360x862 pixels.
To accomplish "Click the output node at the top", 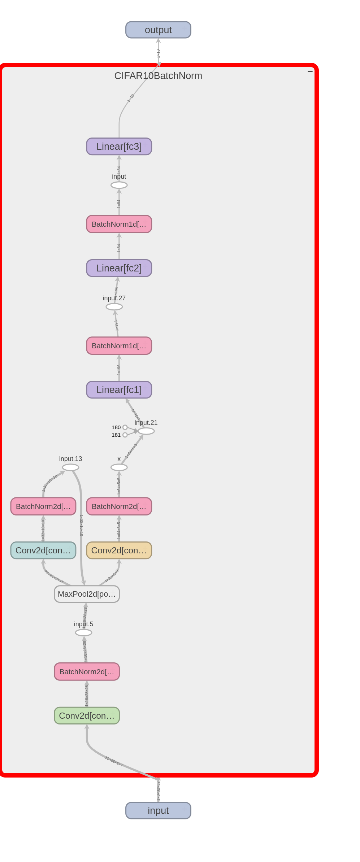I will click(158, 30).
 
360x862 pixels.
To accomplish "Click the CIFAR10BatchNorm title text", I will click(158, 76).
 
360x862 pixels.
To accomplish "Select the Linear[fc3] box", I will click(119, 147).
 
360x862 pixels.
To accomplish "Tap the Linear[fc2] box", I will click(119, 268).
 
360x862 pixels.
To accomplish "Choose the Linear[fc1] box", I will click(119, 390).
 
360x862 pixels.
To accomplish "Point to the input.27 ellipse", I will click(114, 307).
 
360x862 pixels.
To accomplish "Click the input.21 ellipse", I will click(146, 431).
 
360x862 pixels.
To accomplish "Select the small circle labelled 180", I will click(125, 427).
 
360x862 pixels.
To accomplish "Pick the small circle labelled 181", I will click(125, 435).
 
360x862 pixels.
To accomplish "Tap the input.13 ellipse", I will click(70, 467).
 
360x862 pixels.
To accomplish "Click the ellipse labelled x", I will click(119, 467).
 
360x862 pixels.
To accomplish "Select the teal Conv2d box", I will click(43, 550).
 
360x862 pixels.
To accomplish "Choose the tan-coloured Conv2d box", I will click(119, 550).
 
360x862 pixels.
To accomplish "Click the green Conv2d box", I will click(87, 716).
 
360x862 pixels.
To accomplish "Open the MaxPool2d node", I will click(87, 594).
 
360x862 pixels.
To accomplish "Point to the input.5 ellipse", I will click(83, 633).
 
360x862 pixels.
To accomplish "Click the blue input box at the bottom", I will click(158, 811).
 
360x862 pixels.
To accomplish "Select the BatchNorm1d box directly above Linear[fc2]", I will click(119, 224).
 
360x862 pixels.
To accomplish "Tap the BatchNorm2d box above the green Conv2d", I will click(87, 672).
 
